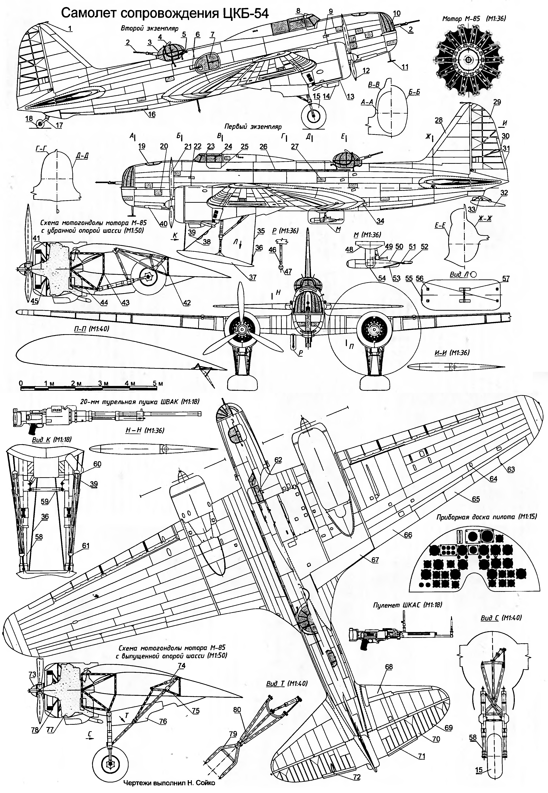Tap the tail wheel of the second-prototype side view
(x=41, y=124)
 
